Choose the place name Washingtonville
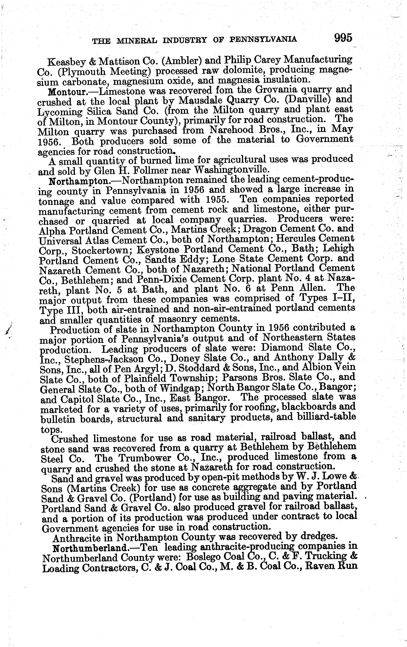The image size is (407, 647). (231, 169)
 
